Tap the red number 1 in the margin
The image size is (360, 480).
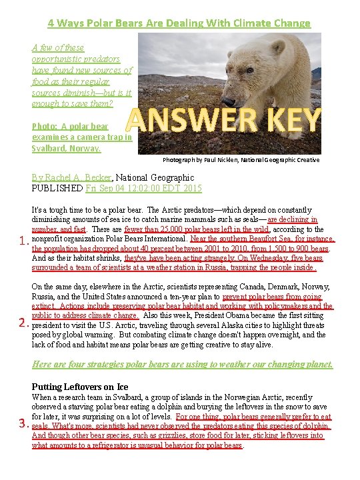point(22,241)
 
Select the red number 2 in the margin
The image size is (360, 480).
point(22,324)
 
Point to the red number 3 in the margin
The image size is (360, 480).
point(22,423)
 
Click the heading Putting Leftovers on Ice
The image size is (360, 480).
point(80,387)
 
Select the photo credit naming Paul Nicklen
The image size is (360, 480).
point(241,160)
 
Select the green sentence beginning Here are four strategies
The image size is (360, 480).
point(182,364)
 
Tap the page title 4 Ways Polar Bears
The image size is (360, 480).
point(179,23)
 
